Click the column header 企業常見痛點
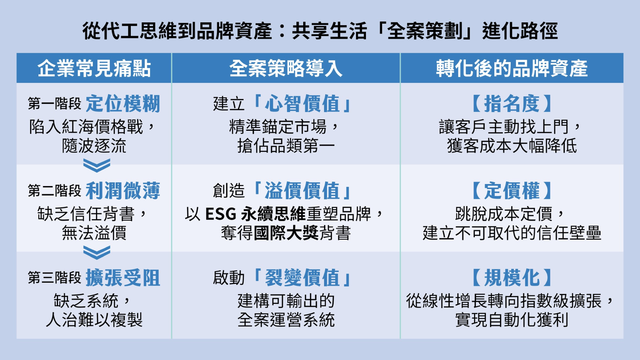[94, 68]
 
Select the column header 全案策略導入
[286, 68]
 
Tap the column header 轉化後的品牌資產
[512, 68]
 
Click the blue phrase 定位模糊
[123, 104]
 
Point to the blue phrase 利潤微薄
[123, 190]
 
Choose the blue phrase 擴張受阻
[123, 278]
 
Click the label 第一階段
[54, 104]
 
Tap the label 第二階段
[54, 190]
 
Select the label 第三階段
[54, 278]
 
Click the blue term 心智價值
[302, 104]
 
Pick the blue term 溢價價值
[302, 190]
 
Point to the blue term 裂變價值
[302, 278]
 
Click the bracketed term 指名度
[512, 104]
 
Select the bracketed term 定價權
[512, 190]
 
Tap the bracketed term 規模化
[512, 278]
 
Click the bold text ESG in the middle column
[220, 214]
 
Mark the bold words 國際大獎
[286, 233]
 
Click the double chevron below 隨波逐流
[96, 166]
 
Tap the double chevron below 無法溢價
[96, 252]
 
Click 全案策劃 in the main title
[424, 31]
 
